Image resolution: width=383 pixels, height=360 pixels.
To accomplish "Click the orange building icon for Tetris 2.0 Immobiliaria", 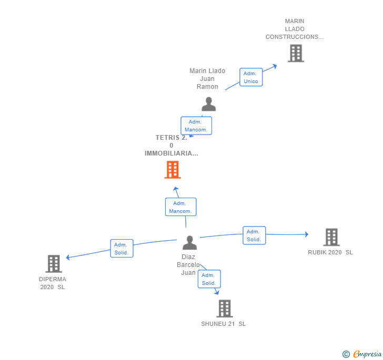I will pos(173,170).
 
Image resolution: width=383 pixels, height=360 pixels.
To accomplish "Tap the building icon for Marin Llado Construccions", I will pos(296,53).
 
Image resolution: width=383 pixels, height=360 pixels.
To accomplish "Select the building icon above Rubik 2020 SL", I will pos(331,237).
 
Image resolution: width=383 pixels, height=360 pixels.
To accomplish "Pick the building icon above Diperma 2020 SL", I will pos(54,263).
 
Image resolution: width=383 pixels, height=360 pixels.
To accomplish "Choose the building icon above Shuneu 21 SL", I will pos(225,308).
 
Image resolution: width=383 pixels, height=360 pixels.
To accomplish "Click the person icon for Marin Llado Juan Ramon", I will pos(209,104).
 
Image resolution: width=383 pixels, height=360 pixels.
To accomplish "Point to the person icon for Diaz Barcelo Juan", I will pos(189,242).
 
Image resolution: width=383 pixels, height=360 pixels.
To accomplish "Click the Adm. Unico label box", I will pos(251,77).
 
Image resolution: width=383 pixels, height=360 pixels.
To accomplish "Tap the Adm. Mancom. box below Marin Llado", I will pos(196,126).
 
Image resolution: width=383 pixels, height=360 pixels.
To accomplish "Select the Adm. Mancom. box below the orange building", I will pos(180,207).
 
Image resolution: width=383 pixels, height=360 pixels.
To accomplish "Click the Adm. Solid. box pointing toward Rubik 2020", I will pos(254,235).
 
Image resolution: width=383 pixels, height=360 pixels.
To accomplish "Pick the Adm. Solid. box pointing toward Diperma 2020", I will pos(122,248).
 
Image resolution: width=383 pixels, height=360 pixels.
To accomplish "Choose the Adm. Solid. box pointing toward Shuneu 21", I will pos(209,279).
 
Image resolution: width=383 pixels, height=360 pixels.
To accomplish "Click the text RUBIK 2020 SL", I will pos(330,252).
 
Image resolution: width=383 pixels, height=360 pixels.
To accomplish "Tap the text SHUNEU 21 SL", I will pos(224,324).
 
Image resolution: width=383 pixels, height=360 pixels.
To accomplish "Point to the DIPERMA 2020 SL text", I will pos(53,283).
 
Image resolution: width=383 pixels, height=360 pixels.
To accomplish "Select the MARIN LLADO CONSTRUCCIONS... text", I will pos(295,29).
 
